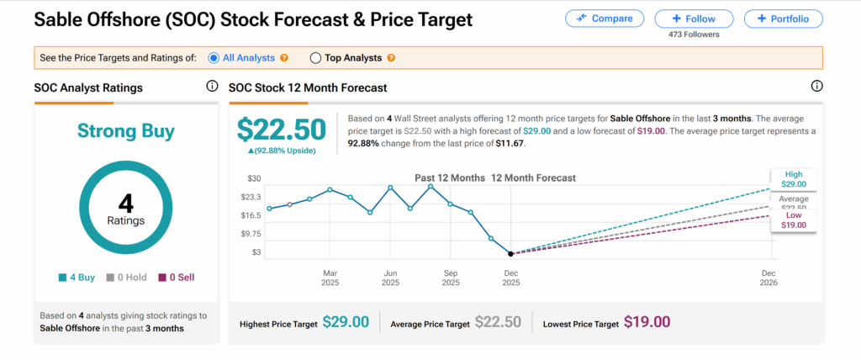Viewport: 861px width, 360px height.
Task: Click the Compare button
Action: tap(605, 18)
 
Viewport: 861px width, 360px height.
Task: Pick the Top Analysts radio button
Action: tap(316, 58)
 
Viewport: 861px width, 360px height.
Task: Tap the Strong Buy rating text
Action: tap(125, 130)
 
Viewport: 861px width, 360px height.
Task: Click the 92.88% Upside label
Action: tap(281, 150)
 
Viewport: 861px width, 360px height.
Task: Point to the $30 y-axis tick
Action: tap(253, 178)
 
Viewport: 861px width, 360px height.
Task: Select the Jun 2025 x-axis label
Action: tap(390, 278)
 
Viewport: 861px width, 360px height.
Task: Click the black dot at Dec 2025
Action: tap(511, 253)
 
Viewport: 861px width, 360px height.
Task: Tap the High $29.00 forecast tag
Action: tap(792, 178)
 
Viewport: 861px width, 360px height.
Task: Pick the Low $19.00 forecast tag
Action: tap(792, 220)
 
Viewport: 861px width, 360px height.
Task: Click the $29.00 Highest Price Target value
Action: tap(346, 322)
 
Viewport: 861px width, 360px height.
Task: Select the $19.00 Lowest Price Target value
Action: tap(647, 322)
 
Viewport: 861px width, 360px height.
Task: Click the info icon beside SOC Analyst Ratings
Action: tap(212, 87)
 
